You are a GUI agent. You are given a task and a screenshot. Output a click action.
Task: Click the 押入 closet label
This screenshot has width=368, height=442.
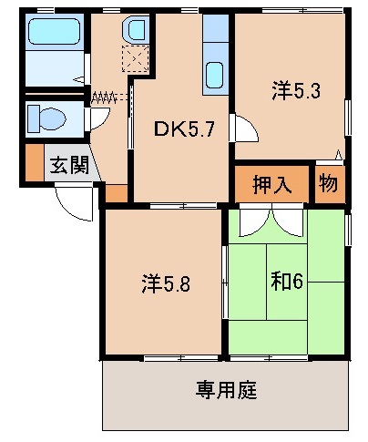click(272, 183)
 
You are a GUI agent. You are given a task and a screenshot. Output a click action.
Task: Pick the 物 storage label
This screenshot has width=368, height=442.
click(328, 183)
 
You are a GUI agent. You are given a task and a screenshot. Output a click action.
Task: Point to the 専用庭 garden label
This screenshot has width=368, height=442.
click(225, 391)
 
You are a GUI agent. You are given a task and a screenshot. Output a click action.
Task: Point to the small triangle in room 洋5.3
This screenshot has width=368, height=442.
click(339, 154)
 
